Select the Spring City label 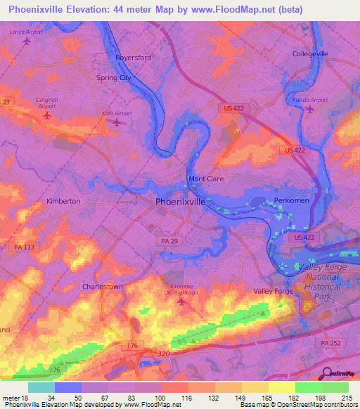pos(114,78)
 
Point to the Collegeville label pos(310,54)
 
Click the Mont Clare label pos(206,179)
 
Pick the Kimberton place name pos(63,201)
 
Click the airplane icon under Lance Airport pos(27,41)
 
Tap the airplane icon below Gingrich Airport pos(47,115)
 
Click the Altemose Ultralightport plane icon pos(181,302)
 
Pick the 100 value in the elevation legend pos(161,398)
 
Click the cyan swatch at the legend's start pos(41,387)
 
